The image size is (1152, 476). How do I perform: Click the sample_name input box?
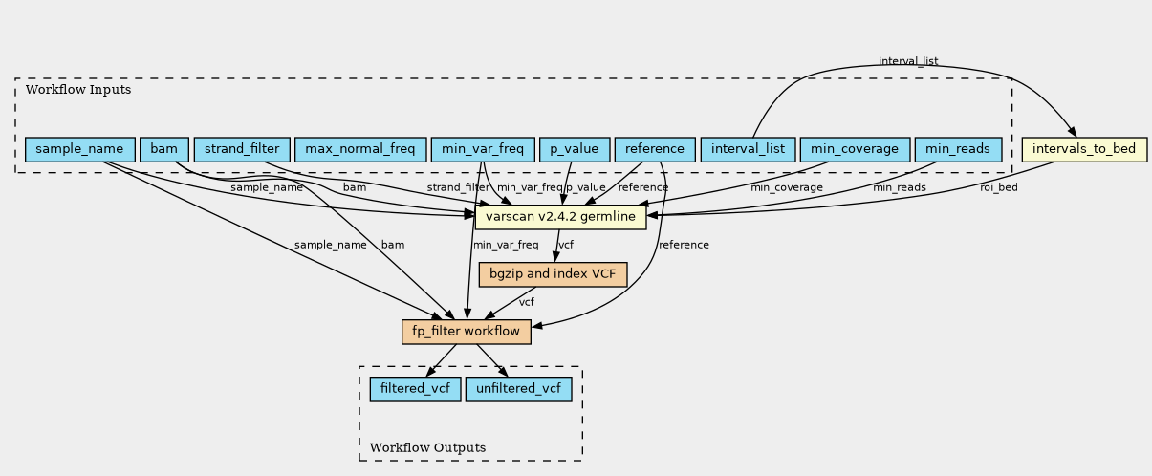79,149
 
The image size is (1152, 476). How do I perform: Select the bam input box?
164,149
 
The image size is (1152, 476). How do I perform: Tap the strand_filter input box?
242,149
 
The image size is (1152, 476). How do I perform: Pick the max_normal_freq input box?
360,149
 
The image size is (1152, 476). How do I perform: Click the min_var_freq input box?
483,149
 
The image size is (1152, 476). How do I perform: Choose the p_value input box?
575,149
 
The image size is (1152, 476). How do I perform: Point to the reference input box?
655,149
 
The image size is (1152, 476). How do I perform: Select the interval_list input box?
748,149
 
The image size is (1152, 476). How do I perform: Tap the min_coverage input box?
855,149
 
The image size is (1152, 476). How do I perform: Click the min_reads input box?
958,149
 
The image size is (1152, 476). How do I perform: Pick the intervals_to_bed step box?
1084,149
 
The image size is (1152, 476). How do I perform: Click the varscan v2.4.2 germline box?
560,217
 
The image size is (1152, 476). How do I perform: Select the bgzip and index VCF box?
553,274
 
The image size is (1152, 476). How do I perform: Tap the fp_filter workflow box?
466,332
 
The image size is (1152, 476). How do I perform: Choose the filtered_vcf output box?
415,389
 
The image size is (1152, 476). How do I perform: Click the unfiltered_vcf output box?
518,389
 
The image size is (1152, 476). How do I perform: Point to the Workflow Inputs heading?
78,90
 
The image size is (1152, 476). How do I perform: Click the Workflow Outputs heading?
427,447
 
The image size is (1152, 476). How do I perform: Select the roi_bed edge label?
999,187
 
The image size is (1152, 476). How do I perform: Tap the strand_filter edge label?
458,187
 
